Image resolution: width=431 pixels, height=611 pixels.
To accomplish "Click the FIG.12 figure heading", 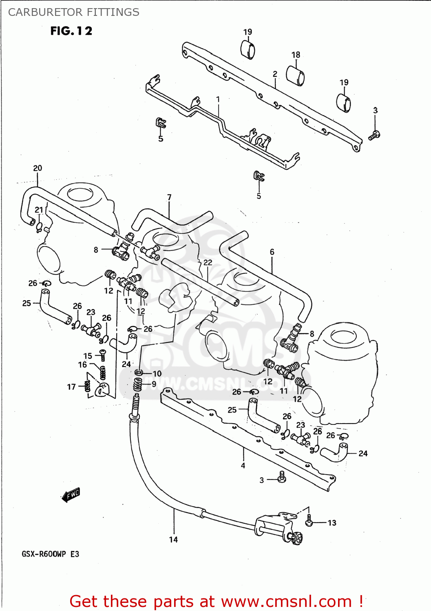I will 71,31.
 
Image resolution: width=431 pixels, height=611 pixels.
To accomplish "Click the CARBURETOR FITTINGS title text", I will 74,12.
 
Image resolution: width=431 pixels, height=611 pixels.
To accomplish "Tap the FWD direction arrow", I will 71,495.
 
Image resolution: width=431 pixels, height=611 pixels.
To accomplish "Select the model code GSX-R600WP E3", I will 51,554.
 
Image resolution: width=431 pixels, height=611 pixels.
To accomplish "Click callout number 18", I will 296,55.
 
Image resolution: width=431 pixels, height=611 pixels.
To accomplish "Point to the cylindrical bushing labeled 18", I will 295,75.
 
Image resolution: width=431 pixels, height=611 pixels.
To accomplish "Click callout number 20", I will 38,168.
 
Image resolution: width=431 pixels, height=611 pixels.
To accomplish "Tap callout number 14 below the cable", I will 173,539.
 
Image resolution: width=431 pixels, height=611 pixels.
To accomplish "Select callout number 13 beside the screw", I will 332,523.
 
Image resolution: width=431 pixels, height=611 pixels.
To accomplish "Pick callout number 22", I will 208,262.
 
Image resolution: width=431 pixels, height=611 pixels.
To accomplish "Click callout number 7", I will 169,197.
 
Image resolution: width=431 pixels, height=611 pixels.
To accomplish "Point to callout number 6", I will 272,252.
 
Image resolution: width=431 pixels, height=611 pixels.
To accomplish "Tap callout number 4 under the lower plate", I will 243,465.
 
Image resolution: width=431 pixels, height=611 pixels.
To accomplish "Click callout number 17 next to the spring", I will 71,387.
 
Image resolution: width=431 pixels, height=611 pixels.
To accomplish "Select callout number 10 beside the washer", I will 157,374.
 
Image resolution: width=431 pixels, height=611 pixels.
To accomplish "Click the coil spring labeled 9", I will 138,384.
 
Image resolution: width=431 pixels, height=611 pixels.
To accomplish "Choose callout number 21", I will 39,209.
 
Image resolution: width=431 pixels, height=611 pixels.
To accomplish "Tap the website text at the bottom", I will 216,601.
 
